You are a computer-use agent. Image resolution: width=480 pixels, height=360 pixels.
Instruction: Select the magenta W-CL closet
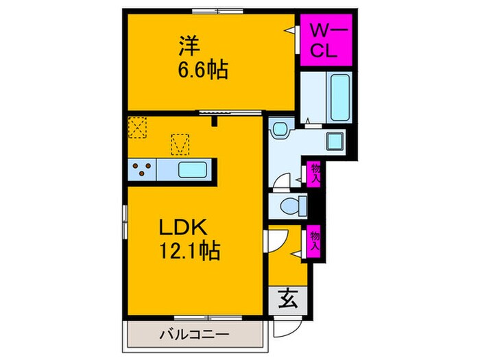click(326, 40)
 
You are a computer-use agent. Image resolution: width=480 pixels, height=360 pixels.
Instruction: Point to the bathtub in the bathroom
click(339, 97)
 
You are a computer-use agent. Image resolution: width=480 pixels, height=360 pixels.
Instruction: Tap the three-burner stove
click(141, 169)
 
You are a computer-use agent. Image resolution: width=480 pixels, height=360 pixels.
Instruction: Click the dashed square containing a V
click(180, 143)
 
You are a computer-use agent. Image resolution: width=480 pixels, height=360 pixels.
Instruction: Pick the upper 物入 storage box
click(315, 172)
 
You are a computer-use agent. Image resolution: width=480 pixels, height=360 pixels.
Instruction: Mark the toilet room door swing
click(280, 182)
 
